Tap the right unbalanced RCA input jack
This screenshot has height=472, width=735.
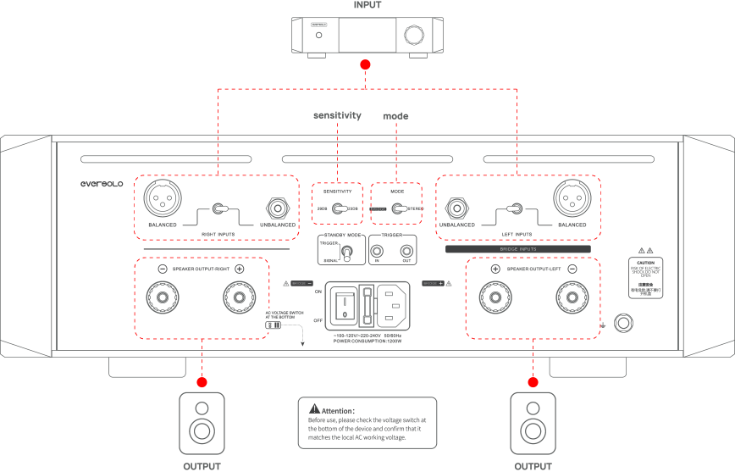(276, 208)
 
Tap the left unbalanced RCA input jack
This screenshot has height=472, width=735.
(457, 208)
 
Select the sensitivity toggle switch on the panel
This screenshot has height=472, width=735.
(340, 208)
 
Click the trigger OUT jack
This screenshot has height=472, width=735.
(407, 251)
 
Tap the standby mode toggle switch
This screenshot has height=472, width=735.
(346, 251)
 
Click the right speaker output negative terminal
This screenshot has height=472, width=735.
(162, 298)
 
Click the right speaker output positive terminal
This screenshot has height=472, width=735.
(239, 298)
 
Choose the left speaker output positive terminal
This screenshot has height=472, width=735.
(495, 298)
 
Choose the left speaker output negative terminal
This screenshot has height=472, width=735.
(572, 298)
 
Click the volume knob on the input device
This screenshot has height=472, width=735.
(415, 36)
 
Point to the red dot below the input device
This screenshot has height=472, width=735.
(365, 65)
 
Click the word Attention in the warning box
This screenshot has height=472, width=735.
(339, 410)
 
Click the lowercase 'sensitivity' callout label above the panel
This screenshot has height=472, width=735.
(337, 115)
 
